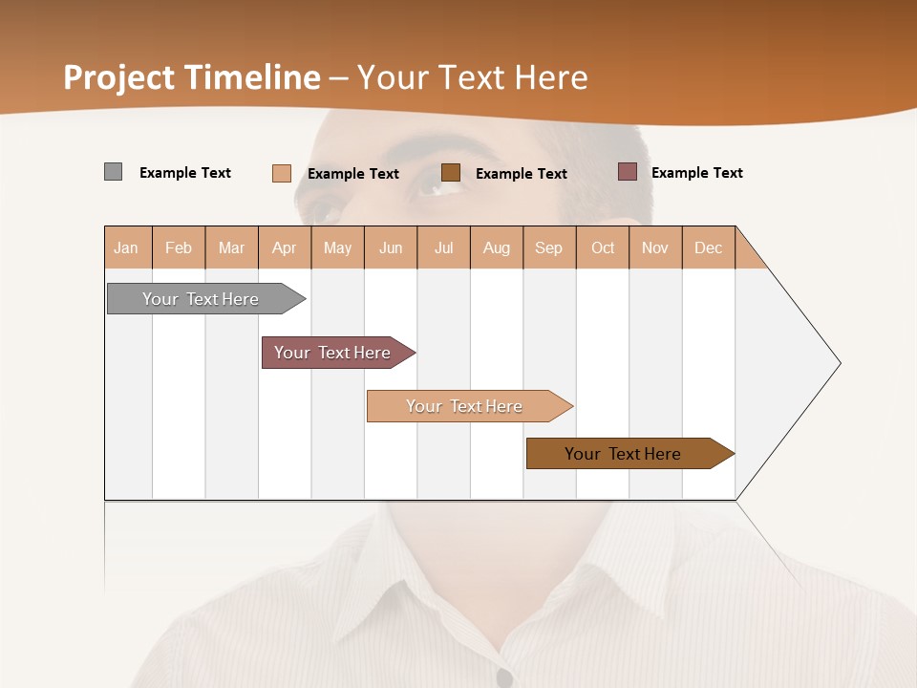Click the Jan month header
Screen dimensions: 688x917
click(x=127, y=247)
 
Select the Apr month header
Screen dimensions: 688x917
click(x=285, y=247)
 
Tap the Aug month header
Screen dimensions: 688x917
click(x=497, y=247)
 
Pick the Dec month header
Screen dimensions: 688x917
click(x=709, y=247)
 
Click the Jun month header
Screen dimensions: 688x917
click(x=391, y=247)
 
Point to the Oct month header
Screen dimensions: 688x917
click(x=603, y=247)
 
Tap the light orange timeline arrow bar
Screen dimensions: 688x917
click(x=465, y=406)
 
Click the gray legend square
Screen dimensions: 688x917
click(x=114, y=172)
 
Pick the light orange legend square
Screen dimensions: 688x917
click(x=282, y=173)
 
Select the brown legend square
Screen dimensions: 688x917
click(x=451, y=172)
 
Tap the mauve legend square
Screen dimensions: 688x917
click(x=628, y=172)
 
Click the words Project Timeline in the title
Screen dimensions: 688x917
click(x=191, y=77)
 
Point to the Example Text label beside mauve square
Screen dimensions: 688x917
click(x=697, y=173)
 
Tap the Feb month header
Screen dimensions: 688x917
click(x=179, y=247)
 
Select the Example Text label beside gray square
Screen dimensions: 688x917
click(x=185, y=173)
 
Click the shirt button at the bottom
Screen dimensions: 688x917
click(x=504, y=678)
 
